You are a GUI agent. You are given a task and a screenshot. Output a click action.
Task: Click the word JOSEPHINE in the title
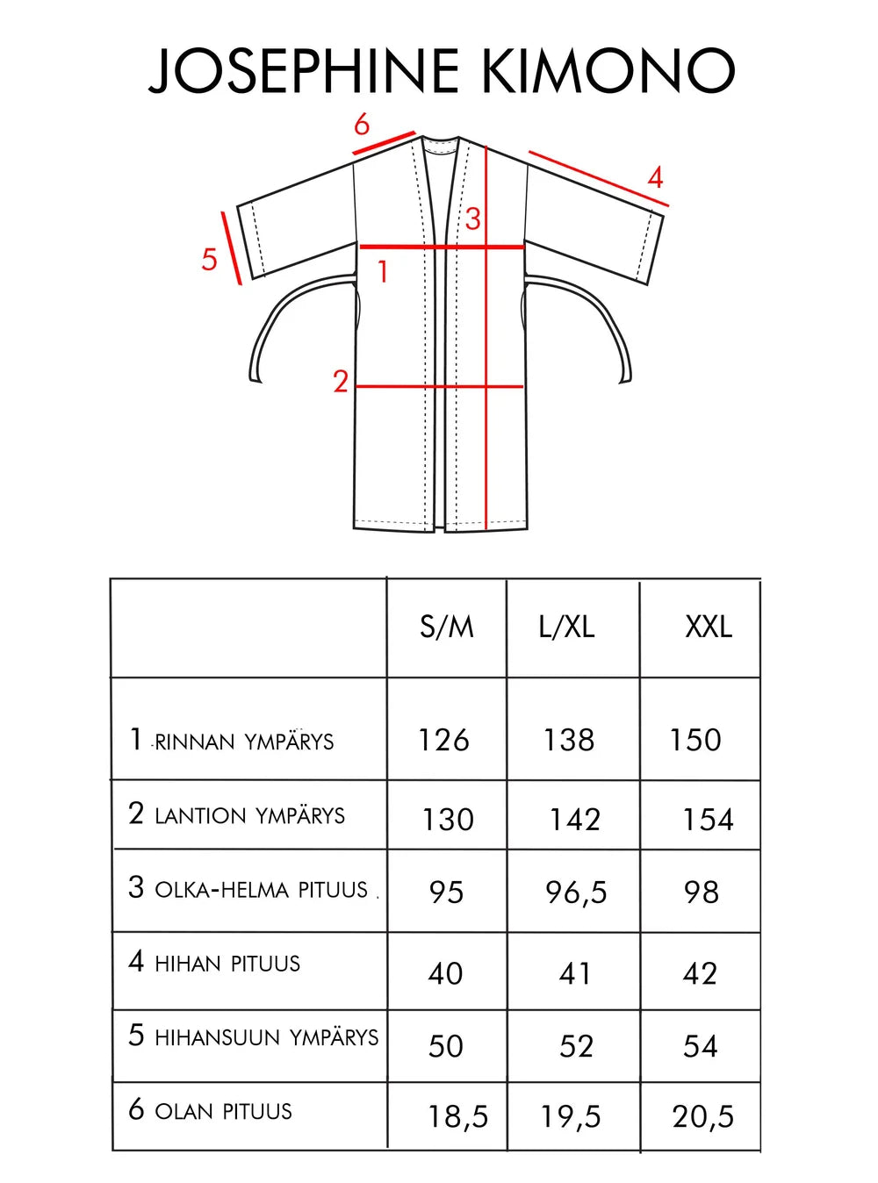[304, 70]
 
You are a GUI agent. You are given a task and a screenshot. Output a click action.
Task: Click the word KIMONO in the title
[608, 70]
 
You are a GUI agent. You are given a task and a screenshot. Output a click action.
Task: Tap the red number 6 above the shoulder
[362, 125]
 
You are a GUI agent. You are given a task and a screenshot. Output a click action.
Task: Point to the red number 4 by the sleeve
[656, 177]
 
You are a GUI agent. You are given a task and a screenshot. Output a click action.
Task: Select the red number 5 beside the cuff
[209, 259]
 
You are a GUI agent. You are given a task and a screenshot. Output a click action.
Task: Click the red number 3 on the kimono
[473, 219]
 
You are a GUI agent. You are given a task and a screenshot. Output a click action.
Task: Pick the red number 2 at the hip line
[341, 382]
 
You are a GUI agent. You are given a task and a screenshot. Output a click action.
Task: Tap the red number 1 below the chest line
[383, 271]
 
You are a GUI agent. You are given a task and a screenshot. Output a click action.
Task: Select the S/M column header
[447, 627]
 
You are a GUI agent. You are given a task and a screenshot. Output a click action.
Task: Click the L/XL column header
[567, 627]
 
